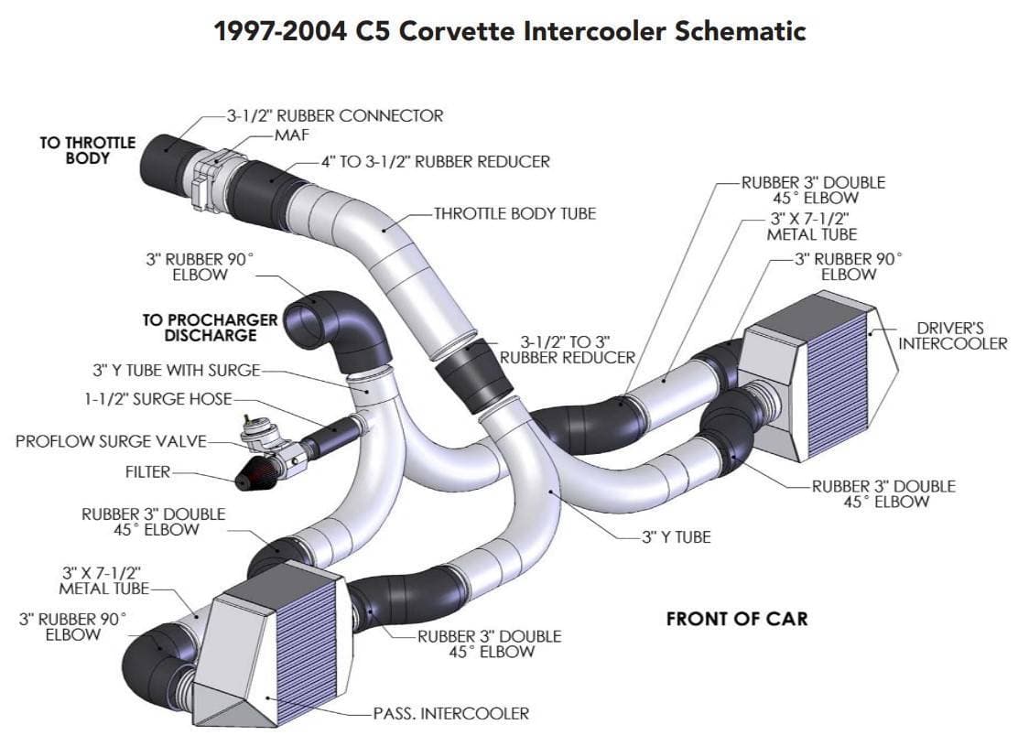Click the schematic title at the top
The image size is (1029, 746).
[509, 30]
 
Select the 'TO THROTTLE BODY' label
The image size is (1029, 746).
[87, 150]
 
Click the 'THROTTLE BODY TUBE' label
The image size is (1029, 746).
[514, 214]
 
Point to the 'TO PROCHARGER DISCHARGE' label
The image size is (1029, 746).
[210, 328]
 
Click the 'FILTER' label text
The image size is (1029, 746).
[147, 473]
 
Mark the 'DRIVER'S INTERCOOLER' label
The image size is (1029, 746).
[952, 336]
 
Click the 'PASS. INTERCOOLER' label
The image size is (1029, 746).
[450, 713]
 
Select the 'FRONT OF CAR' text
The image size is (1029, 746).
[737, 619]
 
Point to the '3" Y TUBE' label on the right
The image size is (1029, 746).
[676, 537]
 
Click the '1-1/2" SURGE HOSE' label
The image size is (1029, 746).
[155, 399]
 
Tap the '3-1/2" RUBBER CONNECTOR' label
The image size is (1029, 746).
[335, 116]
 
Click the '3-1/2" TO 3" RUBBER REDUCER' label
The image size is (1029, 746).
[567, 350]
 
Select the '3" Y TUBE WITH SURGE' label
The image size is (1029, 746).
[176, 371]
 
